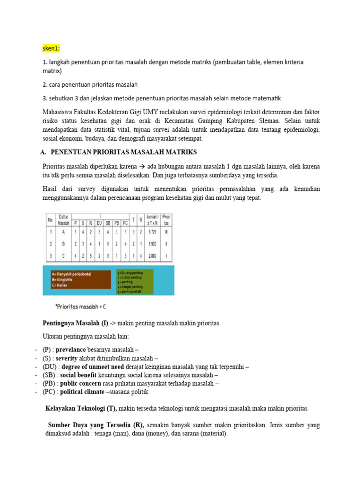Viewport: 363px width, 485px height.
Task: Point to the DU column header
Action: (x=99, y=222)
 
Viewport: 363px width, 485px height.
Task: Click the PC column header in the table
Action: (x=125, y=222)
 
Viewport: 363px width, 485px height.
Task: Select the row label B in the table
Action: (x=63, y=244)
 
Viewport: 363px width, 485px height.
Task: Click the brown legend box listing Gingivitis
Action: (x=79, y=279)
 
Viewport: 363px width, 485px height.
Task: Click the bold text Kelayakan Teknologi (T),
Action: (x=81, y=408)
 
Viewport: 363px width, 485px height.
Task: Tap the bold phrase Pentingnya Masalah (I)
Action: (x=75, y=323)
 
